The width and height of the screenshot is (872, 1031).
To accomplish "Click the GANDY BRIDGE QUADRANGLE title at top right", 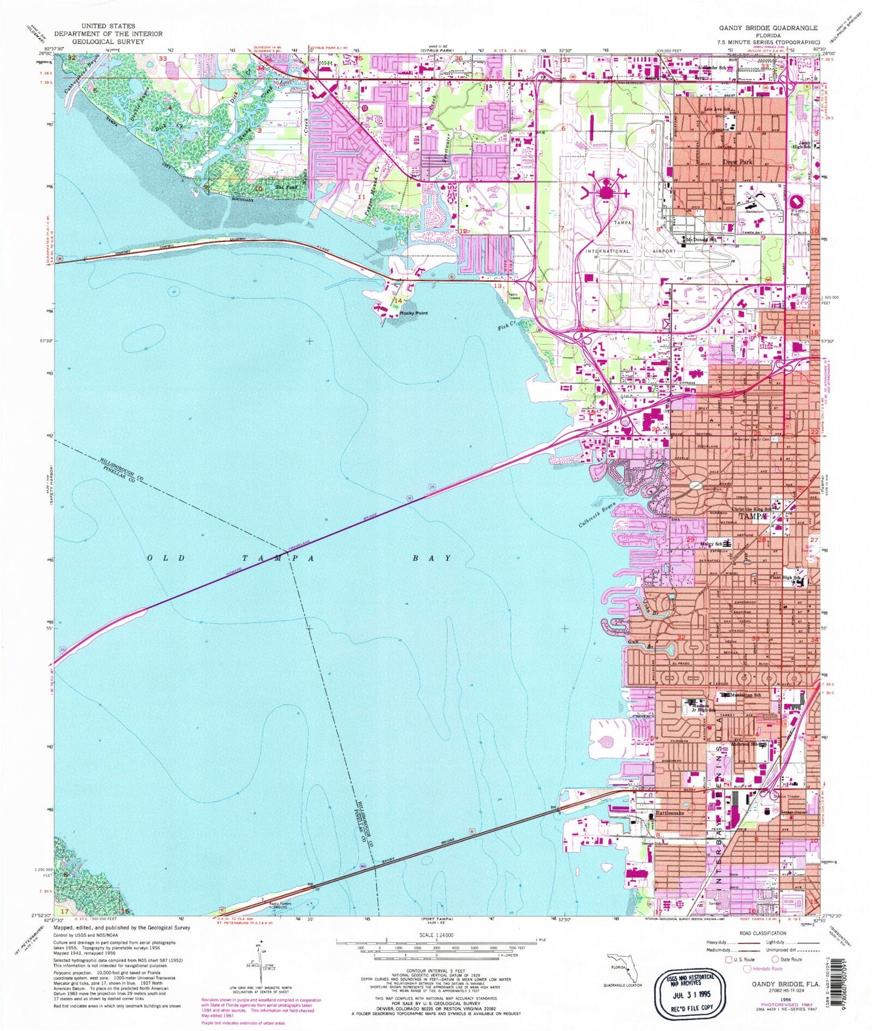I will (768, 28).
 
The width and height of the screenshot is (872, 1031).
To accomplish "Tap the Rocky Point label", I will (413, 313).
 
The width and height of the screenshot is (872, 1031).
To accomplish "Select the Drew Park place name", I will (737, 162).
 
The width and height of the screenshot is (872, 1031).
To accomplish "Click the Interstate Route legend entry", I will (767, 969).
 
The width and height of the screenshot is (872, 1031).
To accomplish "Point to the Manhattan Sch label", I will (751, 695).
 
